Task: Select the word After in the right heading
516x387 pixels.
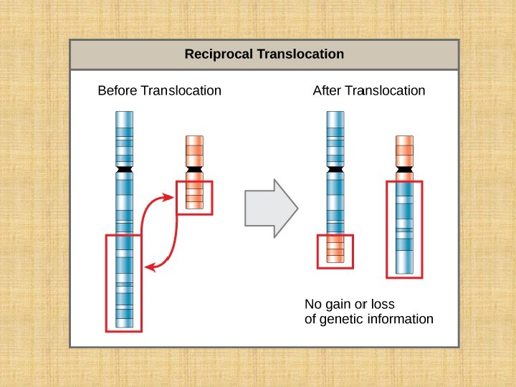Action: pos(327,91)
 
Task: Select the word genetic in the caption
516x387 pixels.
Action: pos(341,319)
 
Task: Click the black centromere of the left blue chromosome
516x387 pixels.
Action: pos(124,169)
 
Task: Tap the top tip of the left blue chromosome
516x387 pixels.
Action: pos(124,115)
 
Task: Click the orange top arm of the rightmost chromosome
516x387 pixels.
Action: pos(405,150)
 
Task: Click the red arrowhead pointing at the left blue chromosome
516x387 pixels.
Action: pos(150,267)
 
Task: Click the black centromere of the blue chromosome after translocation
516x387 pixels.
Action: pos(335,169)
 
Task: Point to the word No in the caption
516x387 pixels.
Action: pos(313,304)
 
